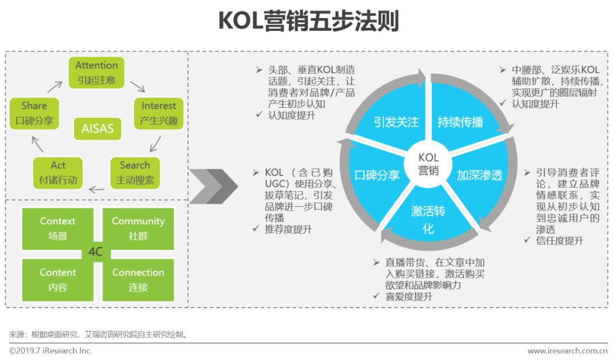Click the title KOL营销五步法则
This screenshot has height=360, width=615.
coord(308,21)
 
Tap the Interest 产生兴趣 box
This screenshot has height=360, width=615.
coord(158,113)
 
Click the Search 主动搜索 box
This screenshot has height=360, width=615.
coord(135,173)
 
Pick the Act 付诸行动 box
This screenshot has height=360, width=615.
coord(58,173)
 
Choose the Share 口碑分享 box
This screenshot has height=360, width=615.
coord(34,113)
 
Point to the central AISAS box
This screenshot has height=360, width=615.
coord(97,129)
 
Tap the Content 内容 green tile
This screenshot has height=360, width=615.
coord(58,280)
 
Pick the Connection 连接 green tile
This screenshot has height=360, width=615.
coord(138,280)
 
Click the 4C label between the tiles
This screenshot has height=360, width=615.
coord(96,252)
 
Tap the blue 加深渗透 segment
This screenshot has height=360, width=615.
coord(479,175)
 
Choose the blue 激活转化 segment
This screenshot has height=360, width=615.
coord(428,219)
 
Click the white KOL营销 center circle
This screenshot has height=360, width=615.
coord(428,163)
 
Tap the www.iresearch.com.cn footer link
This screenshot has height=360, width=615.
coord(567,351)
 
